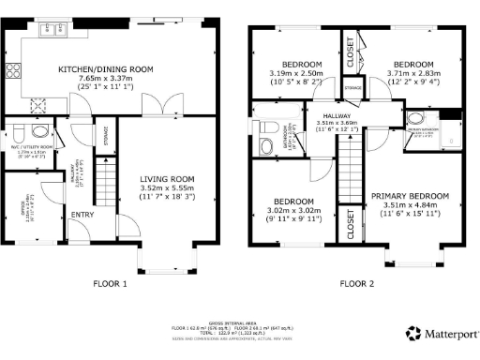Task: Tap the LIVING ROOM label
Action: pos(166,179)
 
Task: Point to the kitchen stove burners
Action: pos(15,71)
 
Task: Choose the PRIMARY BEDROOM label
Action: pos(410,196)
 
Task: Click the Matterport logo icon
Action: pos(412,332)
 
